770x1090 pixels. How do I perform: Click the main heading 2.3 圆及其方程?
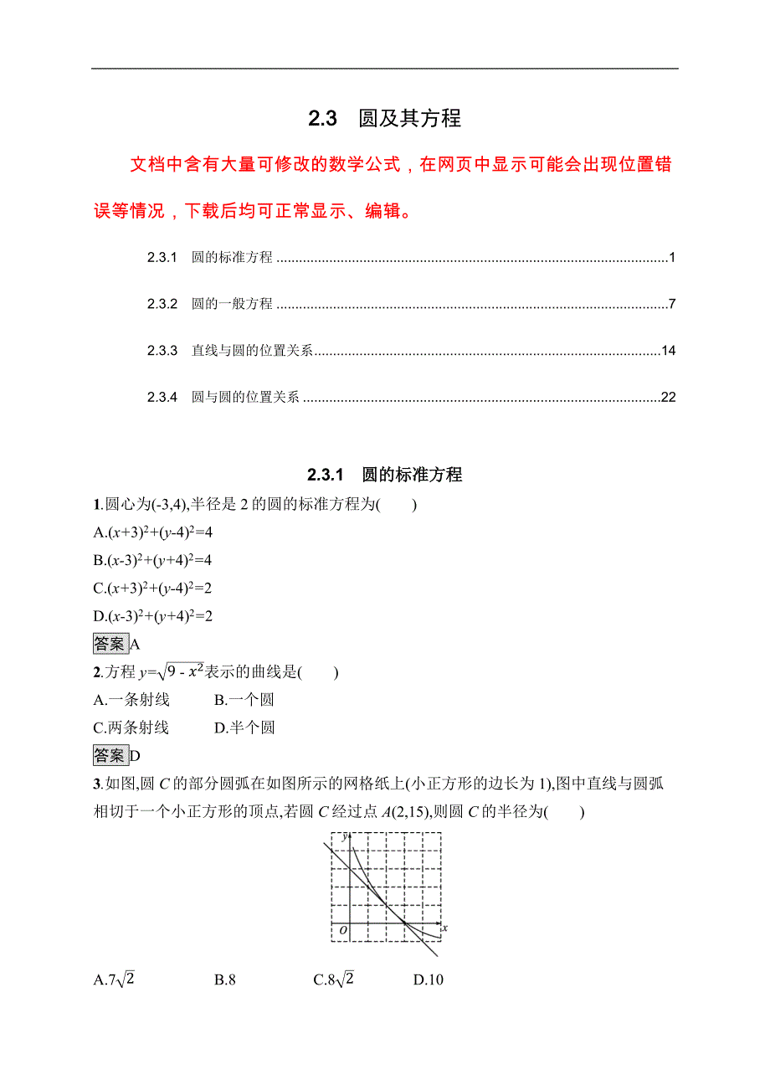click(x=384, y=119)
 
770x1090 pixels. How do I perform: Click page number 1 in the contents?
click(x=671, y=258)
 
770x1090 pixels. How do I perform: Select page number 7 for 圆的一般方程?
click(x=671, y=304)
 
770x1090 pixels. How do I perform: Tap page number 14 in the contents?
click(x=668, y=351)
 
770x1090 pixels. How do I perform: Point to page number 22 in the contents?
click(x=668, y=398)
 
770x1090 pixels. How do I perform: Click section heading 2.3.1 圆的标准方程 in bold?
click(x=384, y=476)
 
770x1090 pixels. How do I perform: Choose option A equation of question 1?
click(x=154, y=532)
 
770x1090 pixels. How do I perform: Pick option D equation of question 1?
click(x=154, y=616)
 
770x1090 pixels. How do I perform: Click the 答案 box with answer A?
click(x=110, y=644)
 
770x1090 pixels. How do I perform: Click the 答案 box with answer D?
click(x=110, y=755)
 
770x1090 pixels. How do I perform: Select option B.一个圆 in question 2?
click(x=244, y=700)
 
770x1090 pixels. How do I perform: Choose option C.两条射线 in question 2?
click(x=131, y=728)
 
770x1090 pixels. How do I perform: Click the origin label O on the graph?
click(x=341, y=930)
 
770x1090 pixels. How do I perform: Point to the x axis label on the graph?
click(x=444, y=928)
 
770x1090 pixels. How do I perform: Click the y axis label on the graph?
click(x=344, y=836)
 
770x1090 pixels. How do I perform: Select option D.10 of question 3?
click(x=428, y=979)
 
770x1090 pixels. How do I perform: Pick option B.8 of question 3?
click(x=224, y=979)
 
